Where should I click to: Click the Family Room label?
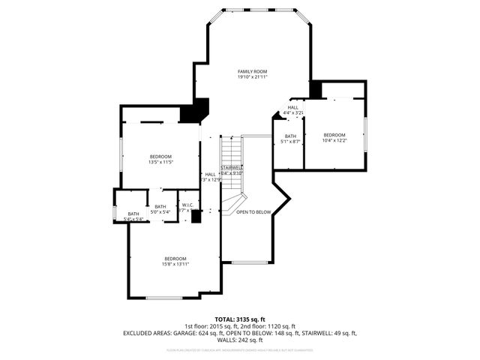pyautogui.click(x=252, y=71)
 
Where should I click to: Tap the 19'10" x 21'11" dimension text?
pyautogui.click(x=252, y=76)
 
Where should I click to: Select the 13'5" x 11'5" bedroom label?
pyautogui.click(x=160, y=157)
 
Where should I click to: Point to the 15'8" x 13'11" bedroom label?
pyautogui.click(x=176, y=259)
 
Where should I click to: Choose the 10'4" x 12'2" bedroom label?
pyautogui.click(x=334, y=136)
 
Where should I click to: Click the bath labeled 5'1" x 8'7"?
pyautogui.click(x=289, y=136)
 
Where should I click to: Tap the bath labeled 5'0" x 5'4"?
pyautogui.click(x=160, y=207)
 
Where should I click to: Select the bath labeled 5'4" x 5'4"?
pyautogui.click(x=133, y=214)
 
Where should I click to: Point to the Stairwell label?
pyautogui.click(x=232, y=167)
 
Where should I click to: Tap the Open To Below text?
pyautogui.click(x=253, y=212)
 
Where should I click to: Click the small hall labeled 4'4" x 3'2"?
pyautogui.click(x=292, y=108)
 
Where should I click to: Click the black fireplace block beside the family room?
pyautogui.click(x=197, y=111)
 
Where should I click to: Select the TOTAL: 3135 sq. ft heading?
pyautogui.click(x=240, y=319)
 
